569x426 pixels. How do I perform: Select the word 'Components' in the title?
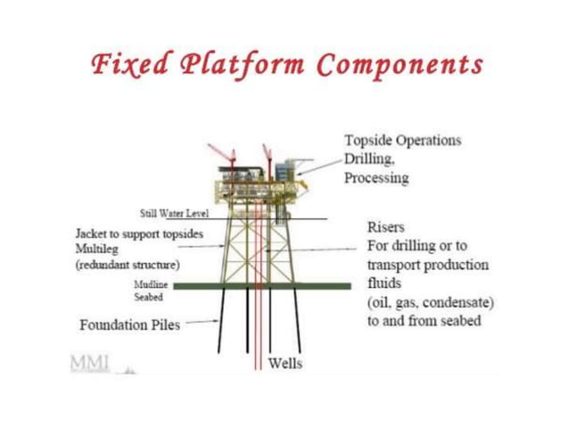(x=400, y=65)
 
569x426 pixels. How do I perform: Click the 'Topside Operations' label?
(x=402, y=140)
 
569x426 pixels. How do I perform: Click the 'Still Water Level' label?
(x=174, y=213)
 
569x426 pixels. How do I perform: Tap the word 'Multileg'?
(x=99, y=250)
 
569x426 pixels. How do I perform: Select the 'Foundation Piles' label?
(x=129, y=324)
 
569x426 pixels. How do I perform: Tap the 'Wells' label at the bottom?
(x=284, y=364)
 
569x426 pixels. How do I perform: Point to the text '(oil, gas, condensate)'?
(x=430, y=303)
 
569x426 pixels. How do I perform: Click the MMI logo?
(x=92, y=363)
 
